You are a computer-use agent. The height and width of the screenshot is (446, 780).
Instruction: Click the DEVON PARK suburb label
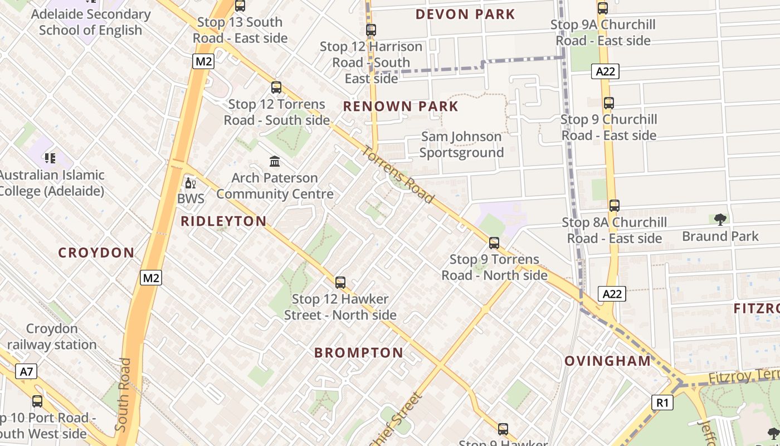pos(465,14)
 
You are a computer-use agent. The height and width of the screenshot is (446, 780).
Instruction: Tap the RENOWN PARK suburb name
pos(401,106)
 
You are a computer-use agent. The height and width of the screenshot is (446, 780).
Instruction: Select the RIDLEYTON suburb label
pos(223,221)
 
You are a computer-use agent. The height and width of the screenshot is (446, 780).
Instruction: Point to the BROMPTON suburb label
pos(359,353)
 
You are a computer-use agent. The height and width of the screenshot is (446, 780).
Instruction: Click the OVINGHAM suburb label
pos(608,361)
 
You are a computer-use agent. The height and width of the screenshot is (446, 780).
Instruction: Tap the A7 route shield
pos(26,372)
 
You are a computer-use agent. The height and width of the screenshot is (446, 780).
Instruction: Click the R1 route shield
pos(662,402)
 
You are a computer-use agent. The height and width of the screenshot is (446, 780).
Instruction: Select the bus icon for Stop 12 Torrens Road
pos(276,88)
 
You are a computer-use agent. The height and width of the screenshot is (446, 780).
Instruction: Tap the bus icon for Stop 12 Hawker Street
pos(340,283)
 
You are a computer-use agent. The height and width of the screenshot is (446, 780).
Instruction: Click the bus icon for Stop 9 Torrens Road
pos(494,243)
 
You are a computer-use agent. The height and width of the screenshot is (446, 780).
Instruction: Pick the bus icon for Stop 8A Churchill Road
pos(614,206)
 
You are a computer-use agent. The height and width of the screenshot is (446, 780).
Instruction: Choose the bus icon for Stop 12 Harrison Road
pos(371,30)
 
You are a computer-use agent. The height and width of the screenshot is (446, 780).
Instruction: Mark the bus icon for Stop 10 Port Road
pos(37,401)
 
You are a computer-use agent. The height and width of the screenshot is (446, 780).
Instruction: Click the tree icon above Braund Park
pos(720,220)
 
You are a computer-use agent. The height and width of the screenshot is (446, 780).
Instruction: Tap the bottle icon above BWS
pos(191,183)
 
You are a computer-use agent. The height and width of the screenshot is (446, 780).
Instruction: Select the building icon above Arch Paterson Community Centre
pos(275,162)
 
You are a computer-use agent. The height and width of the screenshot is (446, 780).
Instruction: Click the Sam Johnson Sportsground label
pos(461,144)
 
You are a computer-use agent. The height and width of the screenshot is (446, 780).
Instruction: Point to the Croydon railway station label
pos(52,337)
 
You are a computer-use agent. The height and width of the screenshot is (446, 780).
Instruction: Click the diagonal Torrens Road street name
pos(398,175)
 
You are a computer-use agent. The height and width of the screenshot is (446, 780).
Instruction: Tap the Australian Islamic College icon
pos(50,159)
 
